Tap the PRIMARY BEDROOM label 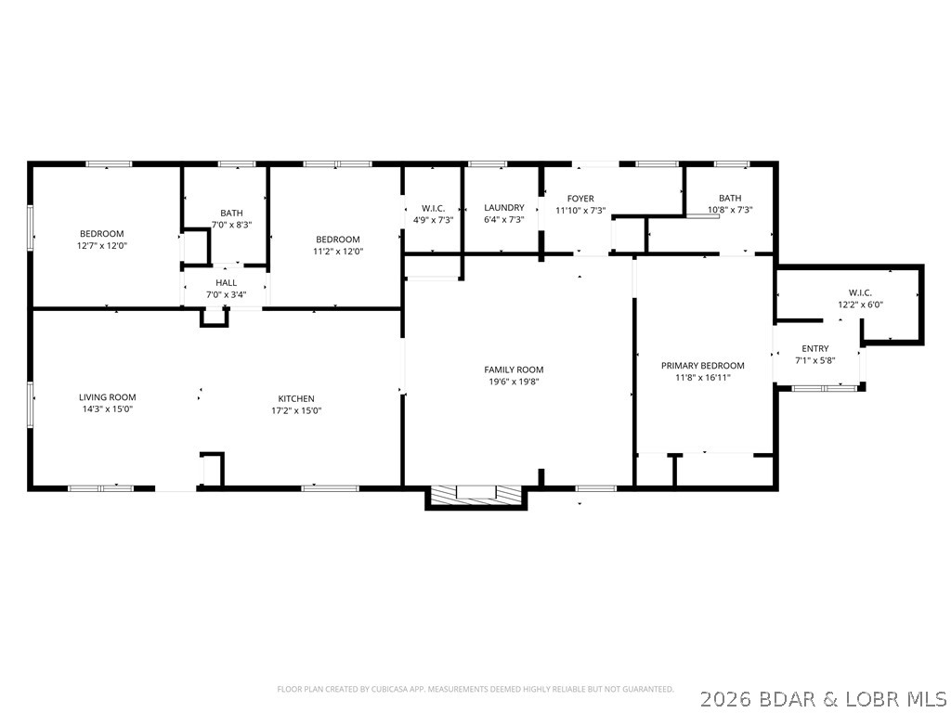point(702,366)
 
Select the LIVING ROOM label point(107,397)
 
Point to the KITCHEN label point(293,398)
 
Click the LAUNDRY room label point(504,208)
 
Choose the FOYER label point(580,199)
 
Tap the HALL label point(226,283)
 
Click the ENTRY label point(814,348)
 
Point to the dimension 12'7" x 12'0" point(101,246)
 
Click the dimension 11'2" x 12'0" point(338,251)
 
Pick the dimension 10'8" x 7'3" point(730,210)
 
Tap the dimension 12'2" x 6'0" point(860,304)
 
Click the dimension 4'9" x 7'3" point(433,220)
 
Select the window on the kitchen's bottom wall point(330,486)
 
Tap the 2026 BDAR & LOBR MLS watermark point(825,696)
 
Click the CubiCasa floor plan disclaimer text point(475,689)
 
